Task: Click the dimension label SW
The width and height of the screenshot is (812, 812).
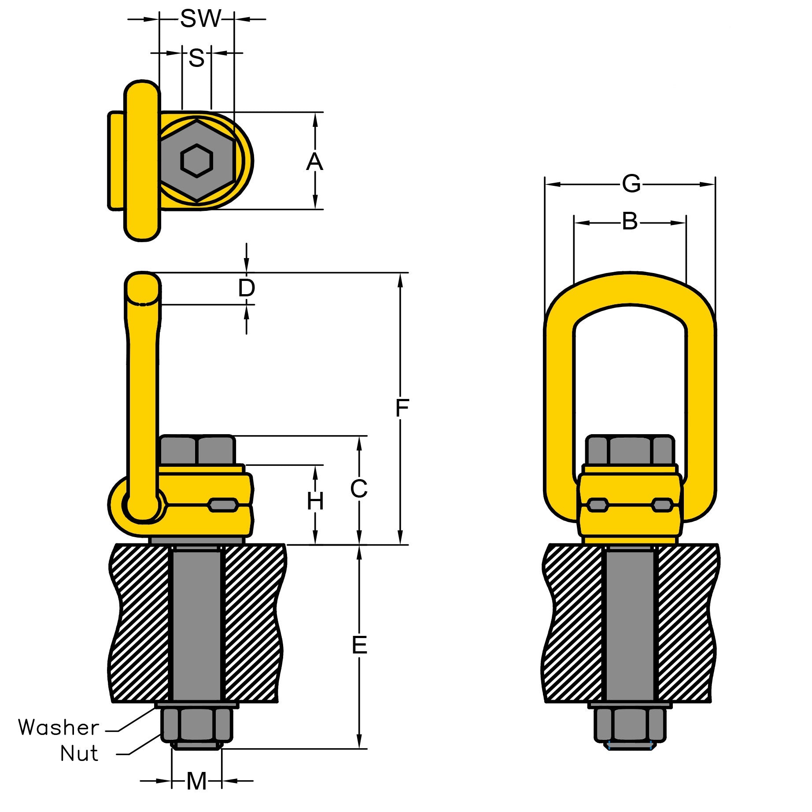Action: [x=200, y=19]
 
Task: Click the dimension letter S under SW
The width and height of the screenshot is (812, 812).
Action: [x=196, y=58]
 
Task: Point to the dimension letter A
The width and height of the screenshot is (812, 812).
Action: [x=314, y=162]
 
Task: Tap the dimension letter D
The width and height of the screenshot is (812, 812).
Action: [x=246, y=288]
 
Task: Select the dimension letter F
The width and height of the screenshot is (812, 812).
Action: [x=402, y=408]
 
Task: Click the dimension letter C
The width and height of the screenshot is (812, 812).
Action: [x=359, y=488]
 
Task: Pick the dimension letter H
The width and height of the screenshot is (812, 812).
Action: [x=315, y=501]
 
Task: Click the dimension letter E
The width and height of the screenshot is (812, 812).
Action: [x=359, y=646]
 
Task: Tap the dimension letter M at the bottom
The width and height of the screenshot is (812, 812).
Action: [x=196, y=782]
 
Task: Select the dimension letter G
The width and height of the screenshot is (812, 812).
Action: [x=631, y=184]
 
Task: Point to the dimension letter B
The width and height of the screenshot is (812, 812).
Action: [x=630, y=221]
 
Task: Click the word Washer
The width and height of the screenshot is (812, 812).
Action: [x=58, y=727]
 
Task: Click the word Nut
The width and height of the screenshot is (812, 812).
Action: [x=79, y=753]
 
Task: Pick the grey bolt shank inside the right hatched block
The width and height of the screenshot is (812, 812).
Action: [x=630, y=625]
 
